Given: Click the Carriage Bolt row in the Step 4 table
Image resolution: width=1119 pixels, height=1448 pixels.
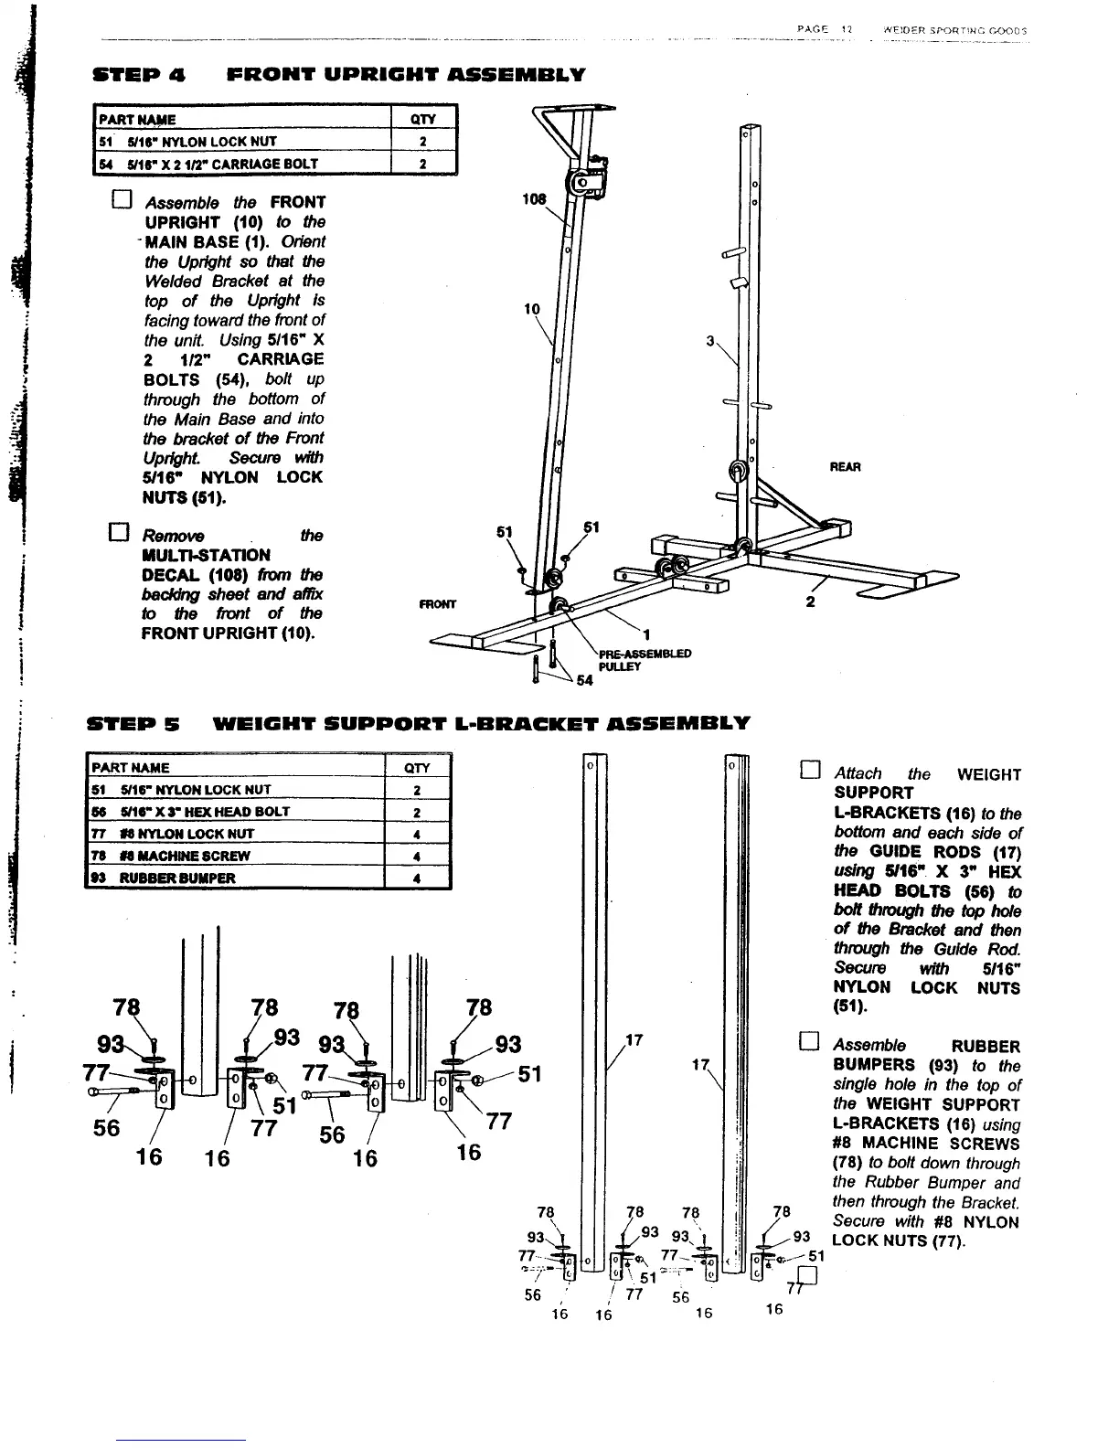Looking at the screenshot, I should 274,164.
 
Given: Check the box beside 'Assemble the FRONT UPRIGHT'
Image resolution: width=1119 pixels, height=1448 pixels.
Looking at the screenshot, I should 123,201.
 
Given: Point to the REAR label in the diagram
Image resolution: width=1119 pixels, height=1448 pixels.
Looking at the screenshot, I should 845,467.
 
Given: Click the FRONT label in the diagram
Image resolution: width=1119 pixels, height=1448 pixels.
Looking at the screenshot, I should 437,604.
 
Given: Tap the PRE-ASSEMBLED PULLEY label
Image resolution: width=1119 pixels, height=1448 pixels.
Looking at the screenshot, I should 645,660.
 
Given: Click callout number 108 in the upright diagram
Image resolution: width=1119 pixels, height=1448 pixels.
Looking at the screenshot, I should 533,198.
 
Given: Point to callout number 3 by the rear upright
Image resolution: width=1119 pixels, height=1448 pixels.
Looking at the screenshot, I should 710,342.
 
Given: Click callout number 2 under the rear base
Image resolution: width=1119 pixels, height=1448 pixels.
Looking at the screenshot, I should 810,602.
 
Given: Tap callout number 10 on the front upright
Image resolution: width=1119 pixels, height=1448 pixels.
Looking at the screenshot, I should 531,309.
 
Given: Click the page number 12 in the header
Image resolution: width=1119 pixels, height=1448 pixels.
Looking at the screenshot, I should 847,29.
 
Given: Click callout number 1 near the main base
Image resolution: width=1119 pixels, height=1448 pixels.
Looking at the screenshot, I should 645,634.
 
